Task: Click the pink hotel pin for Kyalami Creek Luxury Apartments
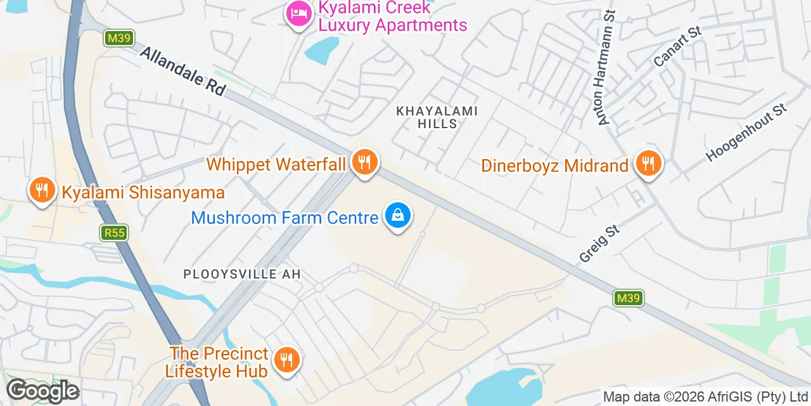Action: (x=298, y=14)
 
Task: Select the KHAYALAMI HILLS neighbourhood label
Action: (x=437, y=117)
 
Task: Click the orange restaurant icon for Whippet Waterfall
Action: (x=364, y=162)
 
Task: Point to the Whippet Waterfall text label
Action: (x=276, y=165)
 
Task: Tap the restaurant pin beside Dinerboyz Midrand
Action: (x=648, y=164)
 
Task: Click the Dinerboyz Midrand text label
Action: (x=554, y=166)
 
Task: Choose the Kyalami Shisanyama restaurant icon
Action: (x=42, y=190)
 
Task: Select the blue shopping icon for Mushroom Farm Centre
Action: (x=397, y=216)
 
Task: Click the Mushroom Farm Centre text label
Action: (x=284, y=218)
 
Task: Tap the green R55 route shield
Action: (x=115, y=233)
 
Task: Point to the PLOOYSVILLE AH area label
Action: (x=242, y=275)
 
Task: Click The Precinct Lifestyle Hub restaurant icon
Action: (x=286, y=360)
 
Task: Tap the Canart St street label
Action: (x=678, y=46)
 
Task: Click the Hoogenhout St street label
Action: (x=746, y=133)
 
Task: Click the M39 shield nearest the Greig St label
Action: (x=629, y=298)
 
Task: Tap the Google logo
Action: (x=42, y=391)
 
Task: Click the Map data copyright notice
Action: (x=706, y=398)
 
